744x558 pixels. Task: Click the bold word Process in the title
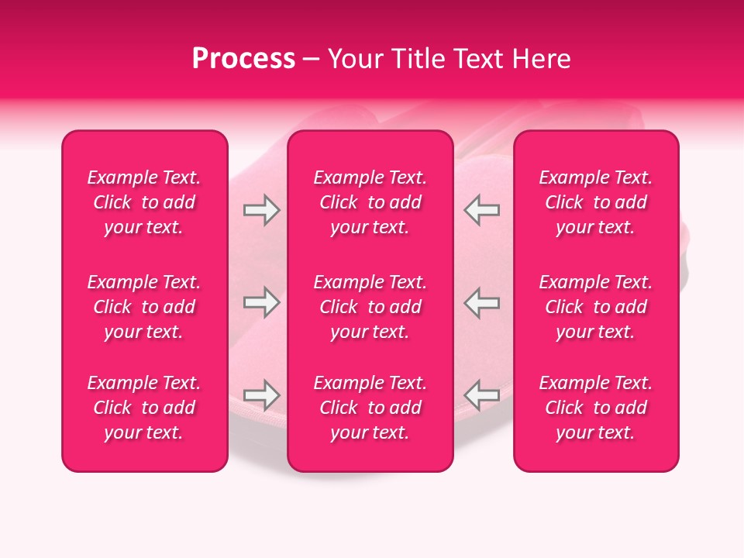[243, 59]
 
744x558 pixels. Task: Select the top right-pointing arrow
[261, 210]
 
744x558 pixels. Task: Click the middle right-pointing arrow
[261, 302]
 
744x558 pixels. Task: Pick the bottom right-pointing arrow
[261, 395]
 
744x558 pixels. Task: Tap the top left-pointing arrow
[481, 210]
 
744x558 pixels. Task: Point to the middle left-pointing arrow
[481, 302]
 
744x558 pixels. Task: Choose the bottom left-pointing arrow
[481, 395]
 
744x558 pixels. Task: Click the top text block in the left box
[144, 202]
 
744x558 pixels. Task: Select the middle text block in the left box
[144, 307]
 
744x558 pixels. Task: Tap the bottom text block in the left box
[144, 408]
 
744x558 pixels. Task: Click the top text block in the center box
[370, 202]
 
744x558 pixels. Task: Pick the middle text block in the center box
[370, 307]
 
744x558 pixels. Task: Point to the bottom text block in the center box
[370, 408]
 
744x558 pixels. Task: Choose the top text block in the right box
[595, 202]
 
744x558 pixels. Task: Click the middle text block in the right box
[595, 307]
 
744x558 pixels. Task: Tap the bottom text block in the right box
[595, 408]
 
